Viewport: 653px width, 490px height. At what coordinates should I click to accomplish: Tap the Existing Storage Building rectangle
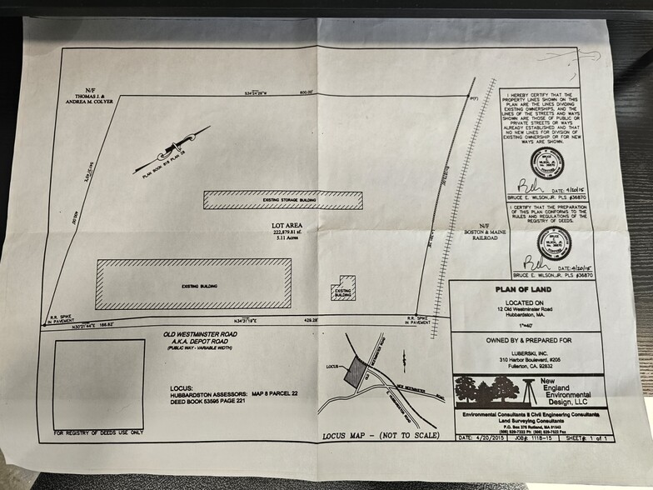click(283, 200)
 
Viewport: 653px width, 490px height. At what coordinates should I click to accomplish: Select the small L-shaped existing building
click(341, 288)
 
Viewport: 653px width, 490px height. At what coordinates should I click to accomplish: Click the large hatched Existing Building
click(193, 283)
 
